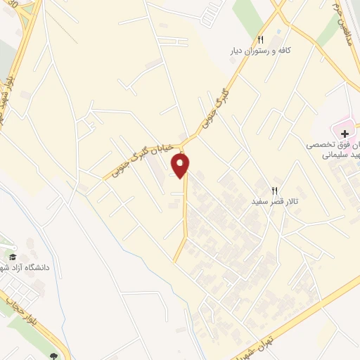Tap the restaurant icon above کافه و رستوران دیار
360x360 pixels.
pyautogui.click(x=261, y=39)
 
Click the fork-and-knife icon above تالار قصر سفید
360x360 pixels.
pyautogui.click(x=275, y=190)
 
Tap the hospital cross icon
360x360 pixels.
pyautogui.click(x=345, y=133)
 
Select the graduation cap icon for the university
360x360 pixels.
pyautogui.click(x=12, y=256)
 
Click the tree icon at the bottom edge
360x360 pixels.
pyautogui.click(x=54, y=356)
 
